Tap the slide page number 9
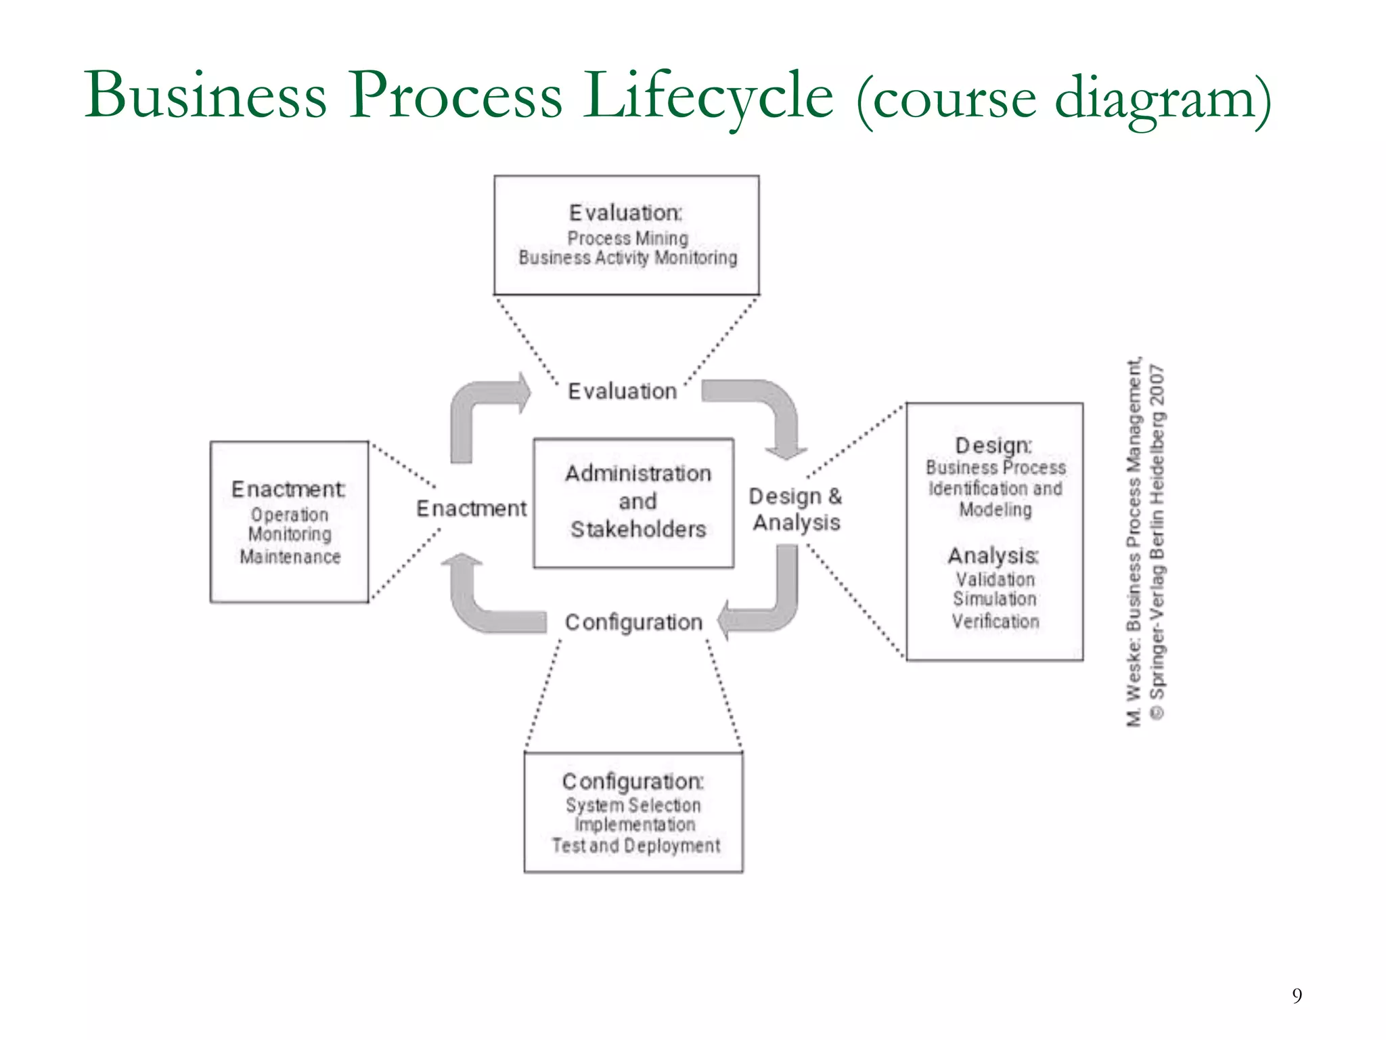[1297, 995]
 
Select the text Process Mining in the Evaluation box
[627, 238]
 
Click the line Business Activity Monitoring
[627, 258]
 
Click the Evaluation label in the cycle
[622, 391]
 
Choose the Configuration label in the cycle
[633, 622]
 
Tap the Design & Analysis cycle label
[796, 509]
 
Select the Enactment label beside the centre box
[471, 508]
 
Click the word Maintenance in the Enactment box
[290, 557]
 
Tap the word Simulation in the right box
[994, 599]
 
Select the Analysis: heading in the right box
[993, 556]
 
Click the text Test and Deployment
[635, 846]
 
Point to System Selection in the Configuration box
[633, 805]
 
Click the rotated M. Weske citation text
[1134, 542]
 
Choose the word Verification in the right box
[995, 622]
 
